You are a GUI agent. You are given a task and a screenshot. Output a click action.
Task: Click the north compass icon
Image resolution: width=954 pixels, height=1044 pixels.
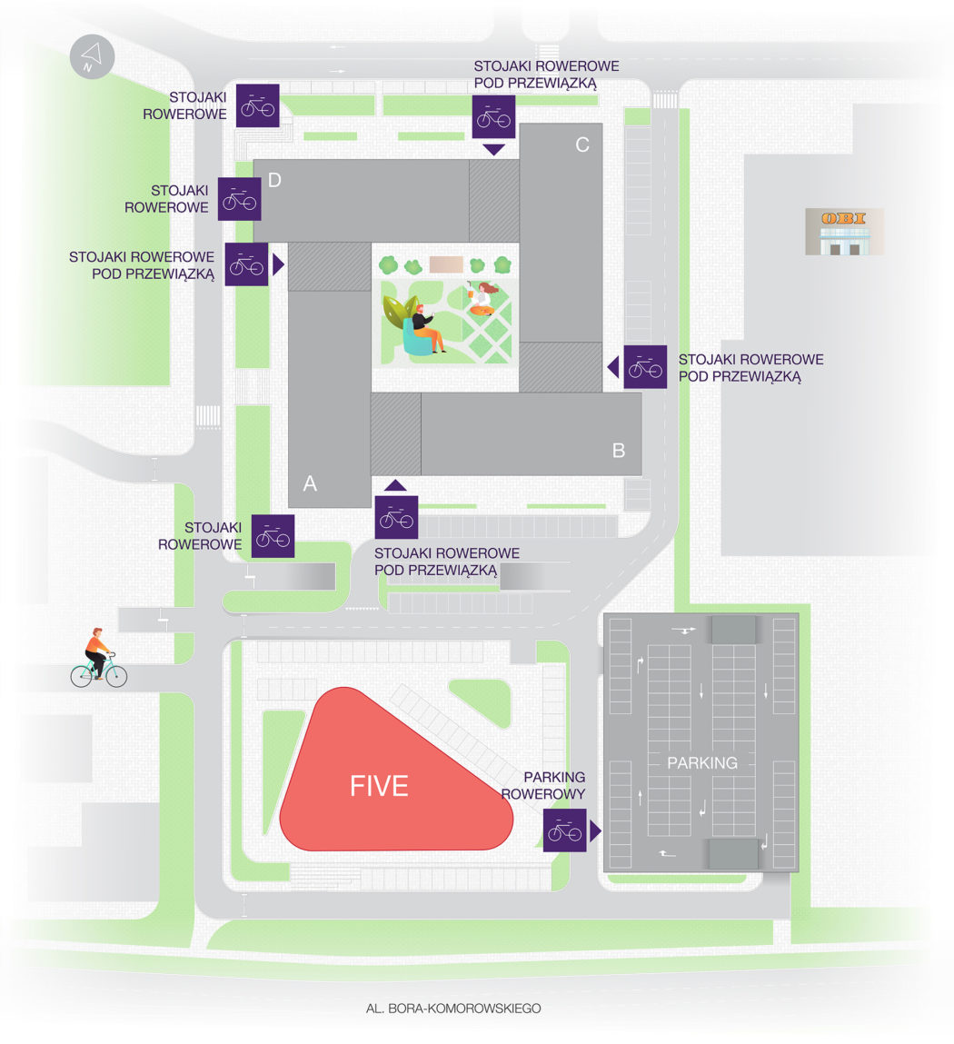[x=92, y=59]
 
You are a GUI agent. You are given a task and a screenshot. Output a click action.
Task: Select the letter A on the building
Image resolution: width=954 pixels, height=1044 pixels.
[x=310, y=484]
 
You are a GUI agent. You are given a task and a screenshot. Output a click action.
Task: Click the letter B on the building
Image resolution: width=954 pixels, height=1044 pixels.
[x=619, y=450]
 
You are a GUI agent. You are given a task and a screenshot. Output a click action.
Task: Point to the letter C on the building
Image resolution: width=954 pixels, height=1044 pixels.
[x=582, y=144]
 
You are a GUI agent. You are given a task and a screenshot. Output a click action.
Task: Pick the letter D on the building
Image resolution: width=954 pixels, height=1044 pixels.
[x=274, y=180]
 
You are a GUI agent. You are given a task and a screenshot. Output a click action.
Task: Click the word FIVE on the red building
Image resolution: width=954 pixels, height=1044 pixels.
[x=379, y=786]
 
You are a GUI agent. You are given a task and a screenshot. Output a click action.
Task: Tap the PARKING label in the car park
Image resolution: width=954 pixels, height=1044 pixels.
[x=701, y=763]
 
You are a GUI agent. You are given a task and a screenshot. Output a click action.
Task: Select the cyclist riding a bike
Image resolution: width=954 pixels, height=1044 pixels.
[x=98, y=658]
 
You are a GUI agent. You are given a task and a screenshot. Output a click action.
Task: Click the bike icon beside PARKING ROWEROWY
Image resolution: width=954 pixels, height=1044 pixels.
[x=564, y=830]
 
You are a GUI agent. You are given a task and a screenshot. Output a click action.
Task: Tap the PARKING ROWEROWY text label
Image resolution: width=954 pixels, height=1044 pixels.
[x=553, y=785]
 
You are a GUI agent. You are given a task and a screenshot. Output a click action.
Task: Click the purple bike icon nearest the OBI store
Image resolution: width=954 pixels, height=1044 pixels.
[x=645, y=367]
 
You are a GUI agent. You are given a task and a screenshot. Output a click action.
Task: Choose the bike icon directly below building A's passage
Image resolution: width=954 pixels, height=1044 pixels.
[x=396, y=517]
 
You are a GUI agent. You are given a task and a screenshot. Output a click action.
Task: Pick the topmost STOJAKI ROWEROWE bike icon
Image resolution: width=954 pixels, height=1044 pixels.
[x=257, y=105]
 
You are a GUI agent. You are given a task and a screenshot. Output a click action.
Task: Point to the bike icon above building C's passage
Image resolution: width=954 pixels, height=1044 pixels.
[x=493, y=116]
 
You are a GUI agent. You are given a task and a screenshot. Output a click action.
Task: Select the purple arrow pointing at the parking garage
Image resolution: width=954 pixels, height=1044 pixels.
[x=595, y=830]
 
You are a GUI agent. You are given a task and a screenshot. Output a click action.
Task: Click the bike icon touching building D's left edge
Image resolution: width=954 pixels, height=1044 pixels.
[x=240, y=199]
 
